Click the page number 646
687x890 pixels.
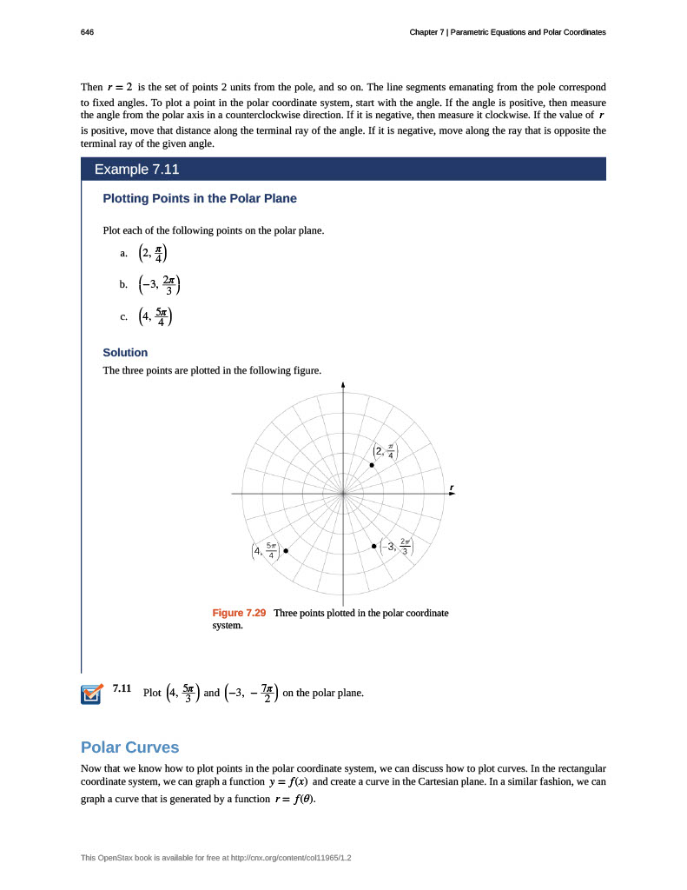(x=87, y=32)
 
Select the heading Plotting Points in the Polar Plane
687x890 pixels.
(x=200, y=198)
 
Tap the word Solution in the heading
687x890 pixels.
(x=125, y=352)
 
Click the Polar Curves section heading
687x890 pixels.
(x=129, y=747)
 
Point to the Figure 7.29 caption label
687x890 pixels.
(x=239, y=613)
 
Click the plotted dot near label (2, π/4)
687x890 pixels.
(x=372, y=466)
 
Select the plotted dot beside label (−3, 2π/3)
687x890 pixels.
(x=373, y=546)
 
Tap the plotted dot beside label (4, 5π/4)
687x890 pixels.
(x=286, y=550)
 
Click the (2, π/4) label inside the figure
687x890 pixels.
(x=385, y=450)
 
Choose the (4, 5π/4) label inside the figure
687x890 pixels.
(x=264, y=550)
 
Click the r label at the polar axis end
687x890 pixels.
(x=452, y=485)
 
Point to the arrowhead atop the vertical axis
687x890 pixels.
(x=343, y=386)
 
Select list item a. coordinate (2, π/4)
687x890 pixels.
(x=155, y=253)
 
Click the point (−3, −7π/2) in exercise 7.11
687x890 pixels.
(x=251, y=694)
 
